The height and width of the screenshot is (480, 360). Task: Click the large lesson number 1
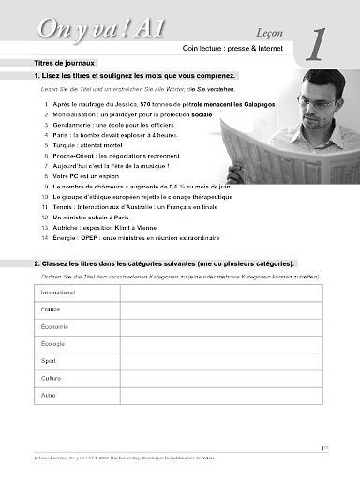[x=317, y=41]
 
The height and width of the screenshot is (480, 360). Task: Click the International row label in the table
[x=59, y=292]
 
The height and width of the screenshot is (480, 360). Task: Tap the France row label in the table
[x=51, y=309]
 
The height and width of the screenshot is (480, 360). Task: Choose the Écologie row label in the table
[x=53, y=343]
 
